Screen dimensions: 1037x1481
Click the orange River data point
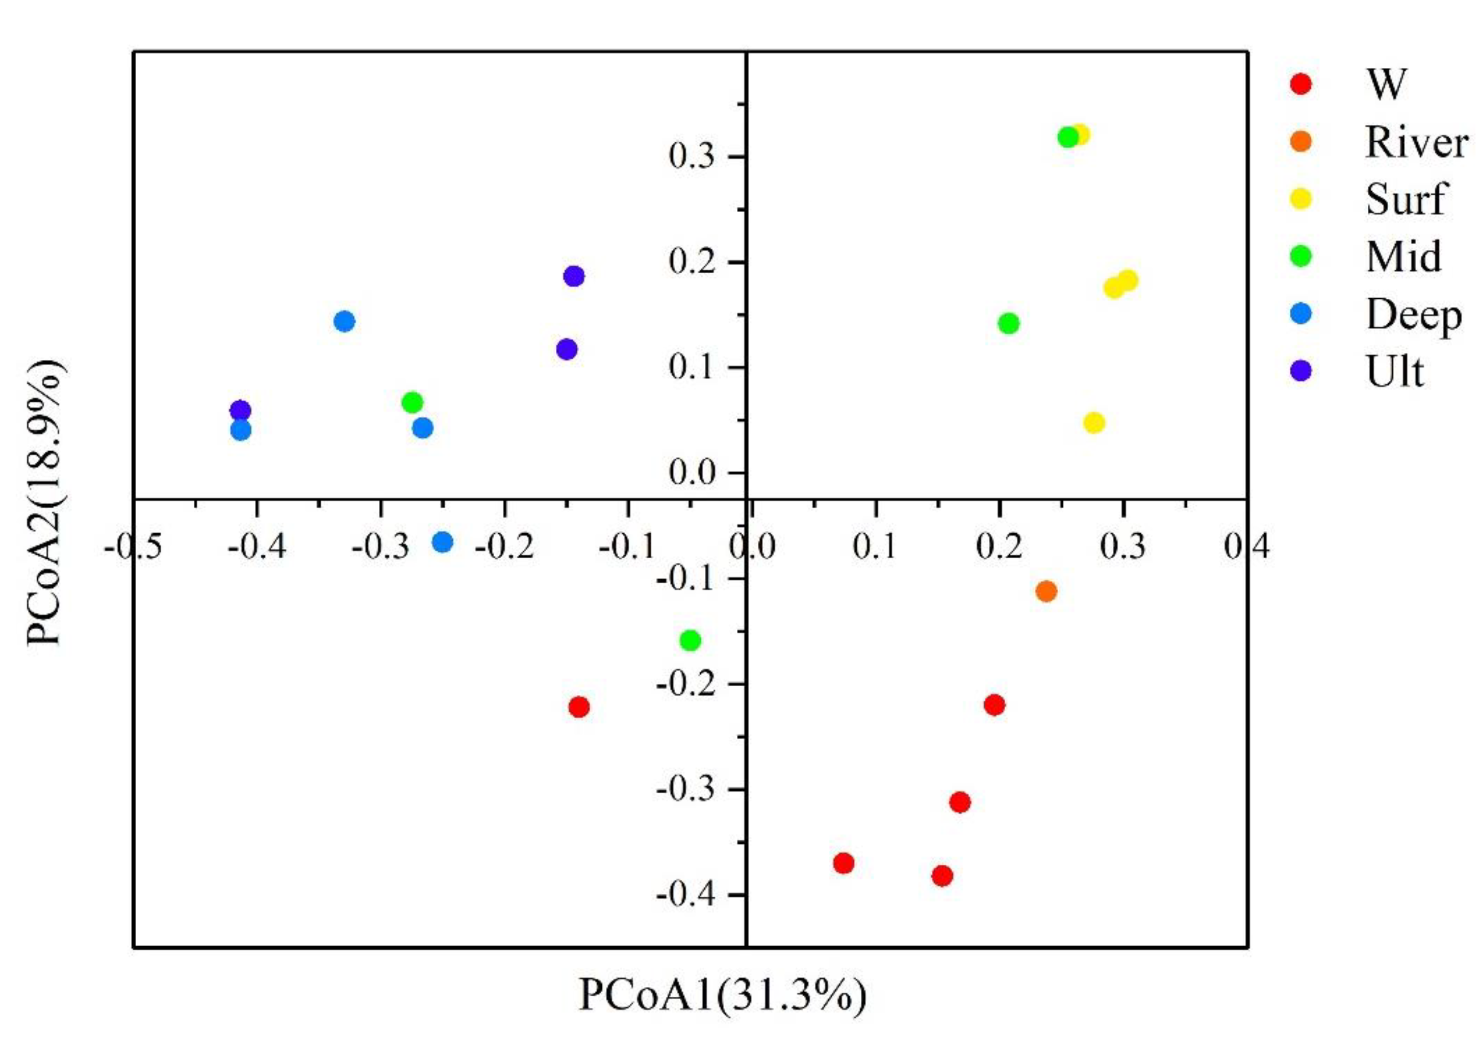pyautogui.click(x=1046, y=591)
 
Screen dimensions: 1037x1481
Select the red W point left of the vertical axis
pyautogui.click(x=579, y=707)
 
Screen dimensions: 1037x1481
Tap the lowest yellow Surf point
pyautogui.click(x=1094, y=423)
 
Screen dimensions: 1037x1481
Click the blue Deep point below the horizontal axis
pyautogui.click(x=443, y=542)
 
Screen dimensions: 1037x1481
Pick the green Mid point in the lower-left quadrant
pyautogui.click(x=690, y=640)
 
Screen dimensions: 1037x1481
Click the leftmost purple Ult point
pyautogui.click(x=240, y=410)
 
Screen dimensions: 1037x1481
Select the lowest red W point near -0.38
pyautogui.click(x=942, y=876)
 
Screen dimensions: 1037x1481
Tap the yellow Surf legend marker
pyautogui.click(x=1303, y=199)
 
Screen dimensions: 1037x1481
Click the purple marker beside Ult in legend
pyautogui.click(x=1303, y=370)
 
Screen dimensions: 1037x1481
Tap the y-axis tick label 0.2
pyautogui.click(x=693, y=263)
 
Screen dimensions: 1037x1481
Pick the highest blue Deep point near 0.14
pyautogui.click(x=344, y=321)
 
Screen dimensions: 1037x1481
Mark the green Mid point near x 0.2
pyautogui.click(x=1009, y=323)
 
